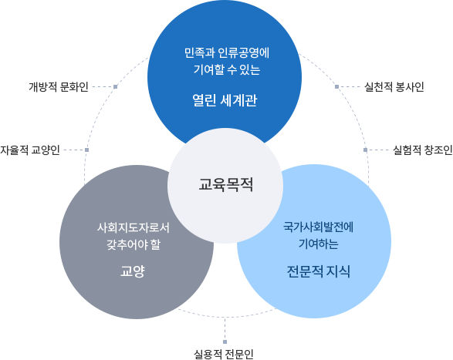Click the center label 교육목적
(x=225, y=184)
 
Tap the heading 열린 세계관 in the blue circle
(x=225, y=100)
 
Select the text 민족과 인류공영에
(x=227, y=53)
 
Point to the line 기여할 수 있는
(x=227, y=69)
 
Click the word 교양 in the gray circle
(x=132, y=271)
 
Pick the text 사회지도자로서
(x=134, y=227)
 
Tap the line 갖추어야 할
(x=134, y=244)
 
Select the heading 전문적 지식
(x=319, y=271)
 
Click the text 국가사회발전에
(x=319, y=227)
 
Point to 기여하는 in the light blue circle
(x=319, y=244)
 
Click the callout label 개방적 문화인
(x=59, y=87)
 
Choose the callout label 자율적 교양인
(x=30, y=150)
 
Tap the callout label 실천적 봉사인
(x=394, y=87)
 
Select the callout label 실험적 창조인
(x=423, y=150)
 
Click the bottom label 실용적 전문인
(x=224, y=354)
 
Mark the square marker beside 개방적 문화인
(x=115, y=86)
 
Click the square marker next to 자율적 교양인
(x=86, y=150)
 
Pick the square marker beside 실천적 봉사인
(x=336, y=86)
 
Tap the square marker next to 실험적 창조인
(x=365, y=150)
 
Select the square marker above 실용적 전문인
(x=225, y=341)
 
